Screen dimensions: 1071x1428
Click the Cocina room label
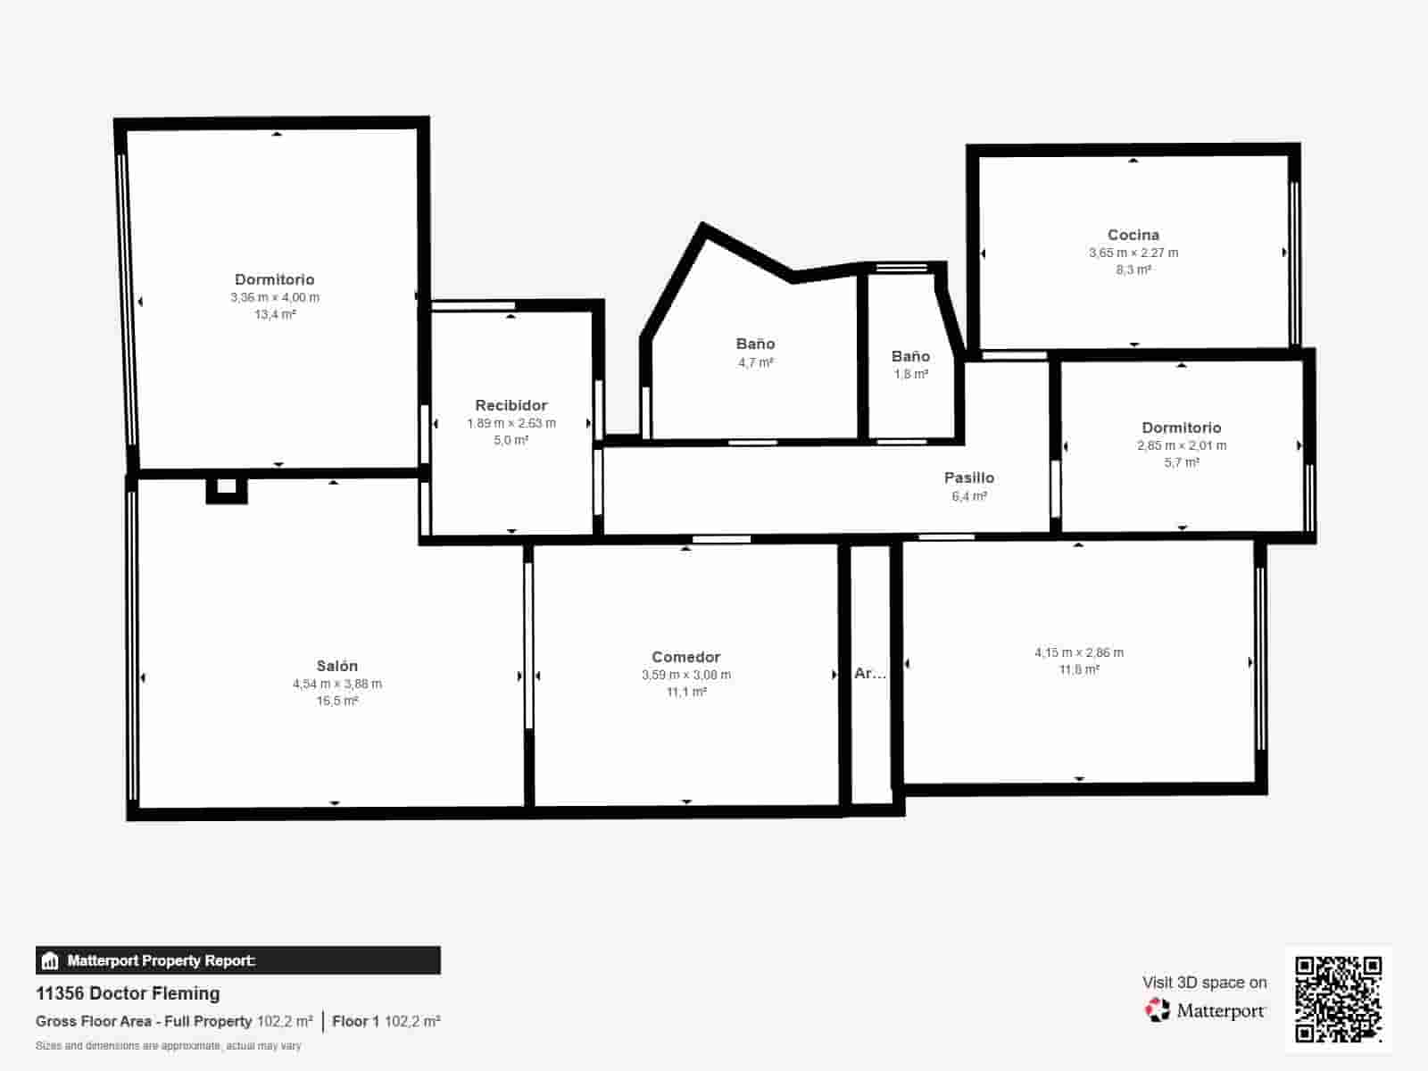(x=1133, y=235)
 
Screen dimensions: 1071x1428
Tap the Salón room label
(x=336, y=666)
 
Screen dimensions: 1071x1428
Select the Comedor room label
(x=685, y=657)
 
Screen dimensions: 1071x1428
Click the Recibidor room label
(x=511, y=405)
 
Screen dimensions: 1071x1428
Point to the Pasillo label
(x=968, y=477)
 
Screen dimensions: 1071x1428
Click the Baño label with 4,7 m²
(x=755, y=344)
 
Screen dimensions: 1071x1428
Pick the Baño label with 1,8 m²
(x=910, y=356)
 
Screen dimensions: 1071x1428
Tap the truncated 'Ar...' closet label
(x=870, y=674)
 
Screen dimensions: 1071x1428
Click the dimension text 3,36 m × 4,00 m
(x=275, y=297)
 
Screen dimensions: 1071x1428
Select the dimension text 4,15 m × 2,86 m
(x=1078, y=652)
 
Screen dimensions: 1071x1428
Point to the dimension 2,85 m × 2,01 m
(x=1181, y=445)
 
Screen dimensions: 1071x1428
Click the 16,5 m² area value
(x=336, y=702)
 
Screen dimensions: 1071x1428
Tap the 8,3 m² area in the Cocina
(x=1133, y=270)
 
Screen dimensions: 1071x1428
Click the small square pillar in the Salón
(x=227, y=487)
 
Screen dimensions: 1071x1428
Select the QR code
(x=1338, y=999)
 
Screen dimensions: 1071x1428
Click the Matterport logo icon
(x=1158, y=1010)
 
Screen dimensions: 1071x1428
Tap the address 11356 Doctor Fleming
(x=128, y=993)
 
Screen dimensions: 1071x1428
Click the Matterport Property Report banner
(x=237, y=960)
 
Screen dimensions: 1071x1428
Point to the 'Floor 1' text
(x=355, y=1021)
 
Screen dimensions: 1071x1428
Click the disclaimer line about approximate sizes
(x=168, y=1046)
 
